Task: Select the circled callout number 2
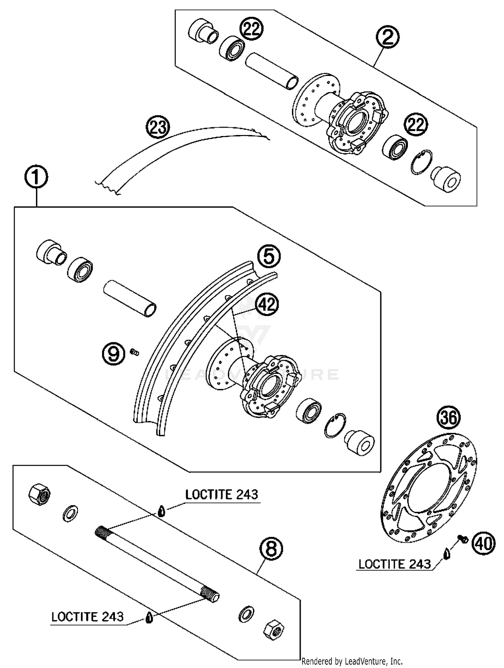[387, 37]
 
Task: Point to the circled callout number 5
[269, 257]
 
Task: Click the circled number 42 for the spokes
[267, 305]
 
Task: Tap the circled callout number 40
[483, 543]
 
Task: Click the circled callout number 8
[271, 549]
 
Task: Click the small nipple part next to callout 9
[135, 352]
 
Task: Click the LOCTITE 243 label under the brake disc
[394, 564]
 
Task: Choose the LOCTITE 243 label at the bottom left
[87, 617]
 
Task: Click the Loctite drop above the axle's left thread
[162, 511]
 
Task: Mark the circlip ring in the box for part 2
[421, 162]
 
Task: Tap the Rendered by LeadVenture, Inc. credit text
[352, 661]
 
